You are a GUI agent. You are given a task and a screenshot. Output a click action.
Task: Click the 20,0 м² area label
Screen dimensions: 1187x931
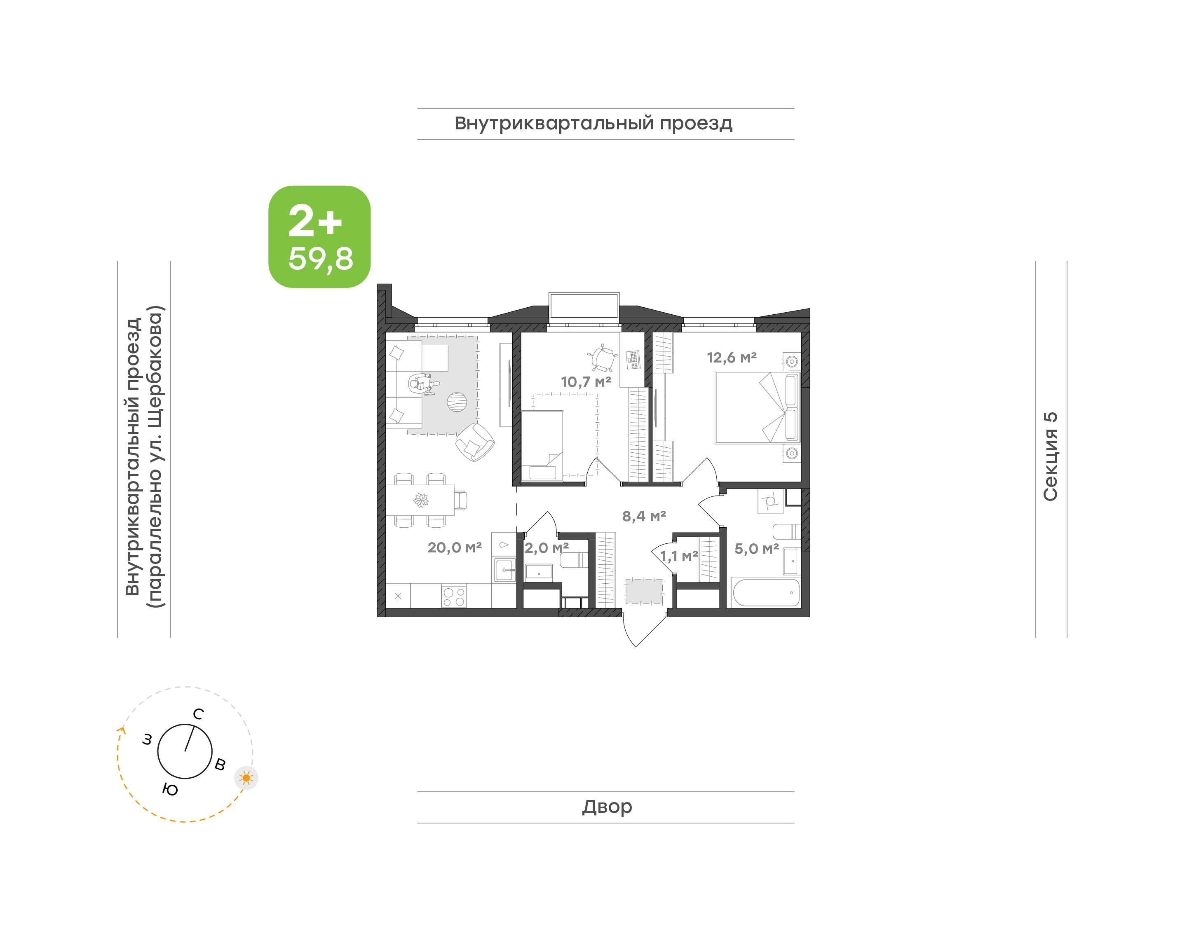(x=454, y=547)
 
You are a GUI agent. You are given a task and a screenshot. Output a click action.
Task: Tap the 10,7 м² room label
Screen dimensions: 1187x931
(x=586, y=381)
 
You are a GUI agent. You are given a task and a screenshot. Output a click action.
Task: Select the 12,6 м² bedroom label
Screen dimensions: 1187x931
(x=732, y=358)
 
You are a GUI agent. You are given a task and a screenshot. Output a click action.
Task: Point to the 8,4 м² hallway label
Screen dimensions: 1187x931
(x=644, y=516)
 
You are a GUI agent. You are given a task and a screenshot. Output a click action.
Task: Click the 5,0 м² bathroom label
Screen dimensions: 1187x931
(x=756, y=548)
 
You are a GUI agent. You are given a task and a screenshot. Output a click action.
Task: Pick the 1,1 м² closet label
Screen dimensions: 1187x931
(x=679, y=556)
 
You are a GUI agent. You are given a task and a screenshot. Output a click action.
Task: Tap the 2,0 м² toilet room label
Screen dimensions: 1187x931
(x=547, y=547)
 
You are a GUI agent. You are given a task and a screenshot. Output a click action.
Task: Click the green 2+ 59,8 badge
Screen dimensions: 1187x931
(x=319, y=236)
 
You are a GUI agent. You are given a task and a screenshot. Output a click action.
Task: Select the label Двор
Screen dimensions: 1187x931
(x=607, y=807)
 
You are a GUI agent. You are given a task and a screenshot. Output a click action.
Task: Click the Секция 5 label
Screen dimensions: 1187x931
(x=1050, y=456)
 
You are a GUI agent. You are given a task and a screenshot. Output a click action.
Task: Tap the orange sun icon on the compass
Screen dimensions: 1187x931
(x=246, y=778)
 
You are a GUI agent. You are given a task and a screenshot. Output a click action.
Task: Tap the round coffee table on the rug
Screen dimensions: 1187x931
(x=457, y=402)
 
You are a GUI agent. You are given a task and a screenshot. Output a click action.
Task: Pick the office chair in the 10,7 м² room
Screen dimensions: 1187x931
(x=603, y=358)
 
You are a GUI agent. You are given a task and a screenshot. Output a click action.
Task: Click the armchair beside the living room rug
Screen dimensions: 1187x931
(x=475, y=442)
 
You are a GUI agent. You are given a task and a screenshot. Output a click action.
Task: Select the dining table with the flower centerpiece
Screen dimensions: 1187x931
(x=420, y=500)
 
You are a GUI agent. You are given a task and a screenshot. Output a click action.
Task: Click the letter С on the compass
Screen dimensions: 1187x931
(x=199, y=714)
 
